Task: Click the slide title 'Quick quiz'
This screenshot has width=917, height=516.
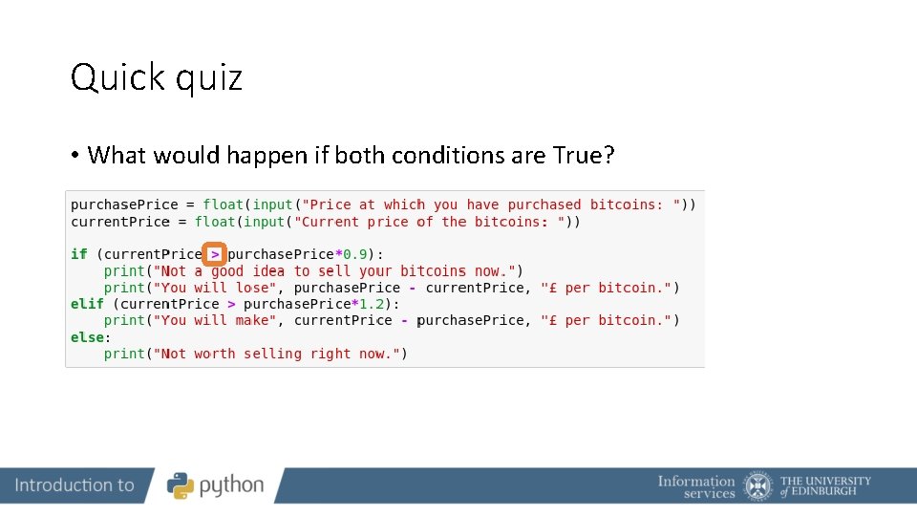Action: tap(157, 77)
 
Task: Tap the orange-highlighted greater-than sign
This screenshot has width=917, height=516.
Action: tap(215, 254)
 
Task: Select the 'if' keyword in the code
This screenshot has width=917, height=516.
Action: tap(78, 254)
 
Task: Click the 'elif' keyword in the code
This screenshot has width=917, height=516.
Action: tap(87, 304)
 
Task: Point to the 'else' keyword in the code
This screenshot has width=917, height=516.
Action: tap(87, 337)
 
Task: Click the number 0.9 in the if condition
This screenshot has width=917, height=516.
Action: tap(355, 254)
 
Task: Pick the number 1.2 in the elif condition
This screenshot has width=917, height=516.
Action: tap(372, 304)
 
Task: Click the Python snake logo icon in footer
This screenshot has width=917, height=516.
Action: tap(181, 485)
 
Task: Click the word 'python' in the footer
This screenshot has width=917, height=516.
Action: tap(231, 486)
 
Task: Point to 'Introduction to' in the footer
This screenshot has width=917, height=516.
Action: tap(75, 485)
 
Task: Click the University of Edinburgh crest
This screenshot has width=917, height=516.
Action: tap(758, 485)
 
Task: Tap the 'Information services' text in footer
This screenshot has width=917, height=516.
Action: tap(696, 486)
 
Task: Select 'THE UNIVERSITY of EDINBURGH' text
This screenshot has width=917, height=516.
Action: tap(825, 485)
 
